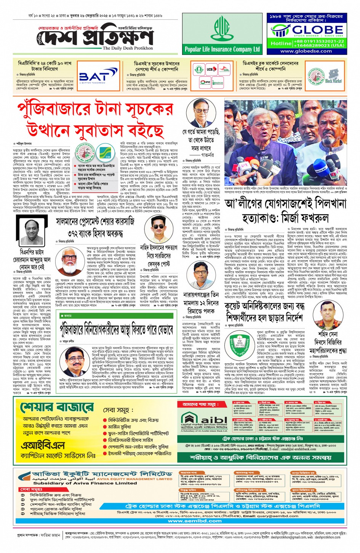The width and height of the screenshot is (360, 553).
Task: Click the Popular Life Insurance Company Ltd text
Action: pyautogui.click(x=222, y=49)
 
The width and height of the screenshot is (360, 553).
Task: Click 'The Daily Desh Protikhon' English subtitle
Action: pyautogui.click(x=128, y=48)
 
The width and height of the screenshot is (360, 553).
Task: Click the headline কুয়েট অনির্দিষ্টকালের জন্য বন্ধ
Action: pyautogui.click(x=263, y=306)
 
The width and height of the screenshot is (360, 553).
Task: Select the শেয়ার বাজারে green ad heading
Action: pyautogui.click(x=57, y=408)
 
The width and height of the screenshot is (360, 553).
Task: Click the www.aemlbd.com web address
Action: pyautogui.click(x=195, y=521)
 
